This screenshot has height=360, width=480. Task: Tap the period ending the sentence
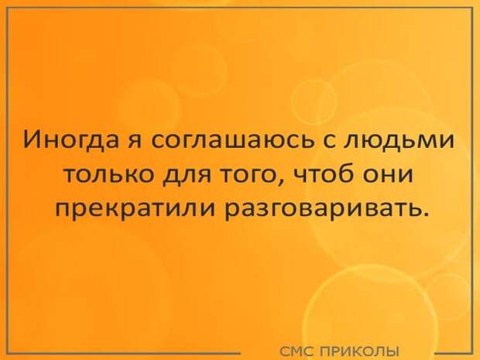tap(423, 213)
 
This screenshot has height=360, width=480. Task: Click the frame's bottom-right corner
tap(473, 352)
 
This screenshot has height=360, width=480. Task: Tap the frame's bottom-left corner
tap(7, 352)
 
